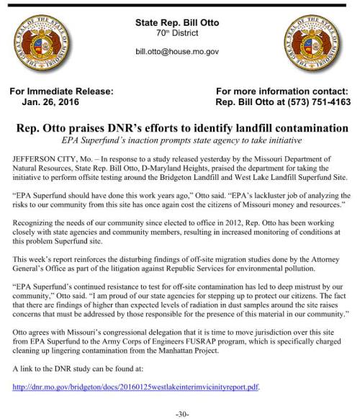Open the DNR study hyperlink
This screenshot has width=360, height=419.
click(135, 387)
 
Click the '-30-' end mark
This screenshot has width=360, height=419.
click(181, 412)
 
